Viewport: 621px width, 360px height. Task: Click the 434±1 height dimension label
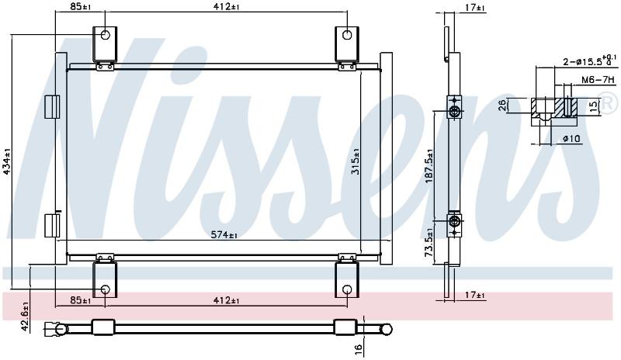pos(6,161)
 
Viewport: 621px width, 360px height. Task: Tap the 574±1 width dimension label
pos(224,235)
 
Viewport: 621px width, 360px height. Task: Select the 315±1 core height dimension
pos(356,161)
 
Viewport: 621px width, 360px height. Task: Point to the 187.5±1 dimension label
pos(429,166)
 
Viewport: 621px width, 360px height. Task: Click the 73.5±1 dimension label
pos(429,242)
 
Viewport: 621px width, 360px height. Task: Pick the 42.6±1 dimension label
pos(25,317)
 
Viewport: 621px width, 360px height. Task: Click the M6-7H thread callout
pos(598,80)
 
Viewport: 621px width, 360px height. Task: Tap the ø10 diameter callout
pos(571,139)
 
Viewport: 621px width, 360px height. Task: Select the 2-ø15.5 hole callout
pos(590,61)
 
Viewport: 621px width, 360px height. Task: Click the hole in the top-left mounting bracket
pos(105,35)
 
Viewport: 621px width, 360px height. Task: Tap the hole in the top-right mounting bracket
pos(347,35)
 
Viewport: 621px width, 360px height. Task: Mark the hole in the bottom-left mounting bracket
pos(105,289)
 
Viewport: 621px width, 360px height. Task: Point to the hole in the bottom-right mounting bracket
pos(347,289)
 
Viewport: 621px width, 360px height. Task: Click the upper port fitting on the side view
pos(455,107)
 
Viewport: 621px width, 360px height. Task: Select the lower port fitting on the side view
pos(455,226)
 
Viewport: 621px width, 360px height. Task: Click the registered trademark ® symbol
pos(610,102)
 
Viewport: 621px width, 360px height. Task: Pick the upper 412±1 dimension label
pos(227,7)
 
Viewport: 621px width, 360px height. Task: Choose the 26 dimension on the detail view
pos(501,106)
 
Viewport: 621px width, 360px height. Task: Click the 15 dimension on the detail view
pos(593,107)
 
